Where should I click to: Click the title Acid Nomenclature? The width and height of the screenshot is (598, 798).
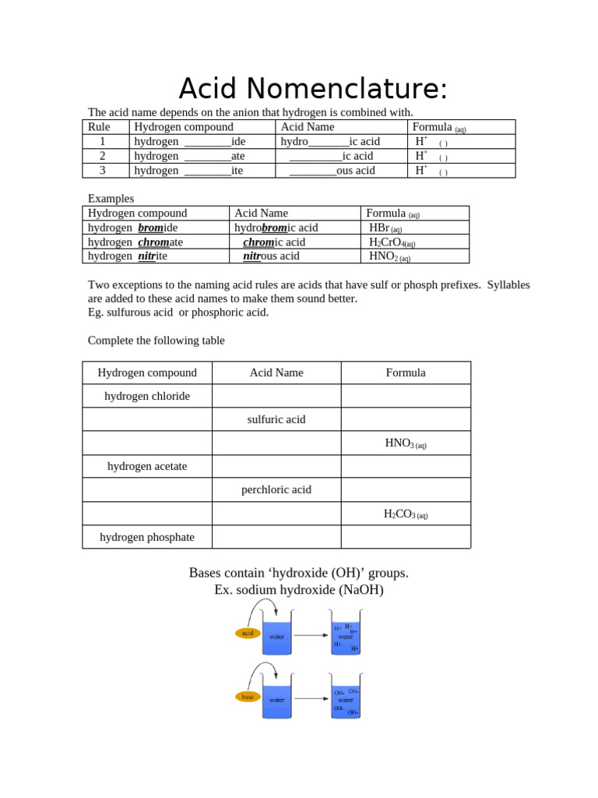[x=313, y=89]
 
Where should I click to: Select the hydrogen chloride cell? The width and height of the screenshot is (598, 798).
[x=147, y=396]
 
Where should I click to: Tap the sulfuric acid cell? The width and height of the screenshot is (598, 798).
[x=276, y=419]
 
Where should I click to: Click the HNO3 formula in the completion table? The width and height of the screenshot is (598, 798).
[x=406, y=443]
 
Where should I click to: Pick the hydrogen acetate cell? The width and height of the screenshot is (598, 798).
[x=147, y=466]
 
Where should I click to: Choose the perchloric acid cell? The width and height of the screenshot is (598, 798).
[x=276, y=489]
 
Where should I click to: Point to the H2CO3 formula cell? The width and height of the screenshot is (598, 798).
[x=406, y=514]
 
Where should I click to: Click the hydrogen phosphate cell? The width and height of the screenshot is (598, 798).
[x=147, y=537]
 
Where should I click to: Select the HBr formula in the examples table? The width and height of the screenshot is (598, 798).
[x=385, y=228]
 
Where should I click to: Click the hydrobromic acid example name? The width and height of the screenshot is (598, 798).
[x=276, y=228]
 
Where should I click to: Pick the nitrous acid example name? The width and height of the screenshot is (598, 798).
[x=271, y=256]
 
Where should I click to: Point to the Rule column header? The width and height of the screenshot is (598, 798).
[x=99, y=127]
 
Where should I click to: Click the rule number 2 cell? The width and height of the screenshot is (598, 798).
[x=102, y=156]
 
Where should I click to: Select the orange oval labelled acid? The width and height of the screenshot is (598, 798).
[x=248, y=633]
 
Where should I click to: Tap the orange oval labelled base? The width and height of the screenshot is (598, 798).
[x=248, y=697]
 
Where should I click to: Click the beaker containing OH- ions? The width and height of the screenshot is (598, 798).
[x=346, y=699]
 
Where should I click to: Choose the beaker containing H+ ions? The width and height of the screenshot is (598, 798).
[x=346, y=636]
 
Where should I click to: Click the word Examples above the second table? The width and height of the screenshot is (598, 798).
[x=111, y=199]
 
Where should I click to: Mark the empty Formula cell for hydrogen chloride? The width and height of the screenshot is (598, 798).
[x=406, y=396]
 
